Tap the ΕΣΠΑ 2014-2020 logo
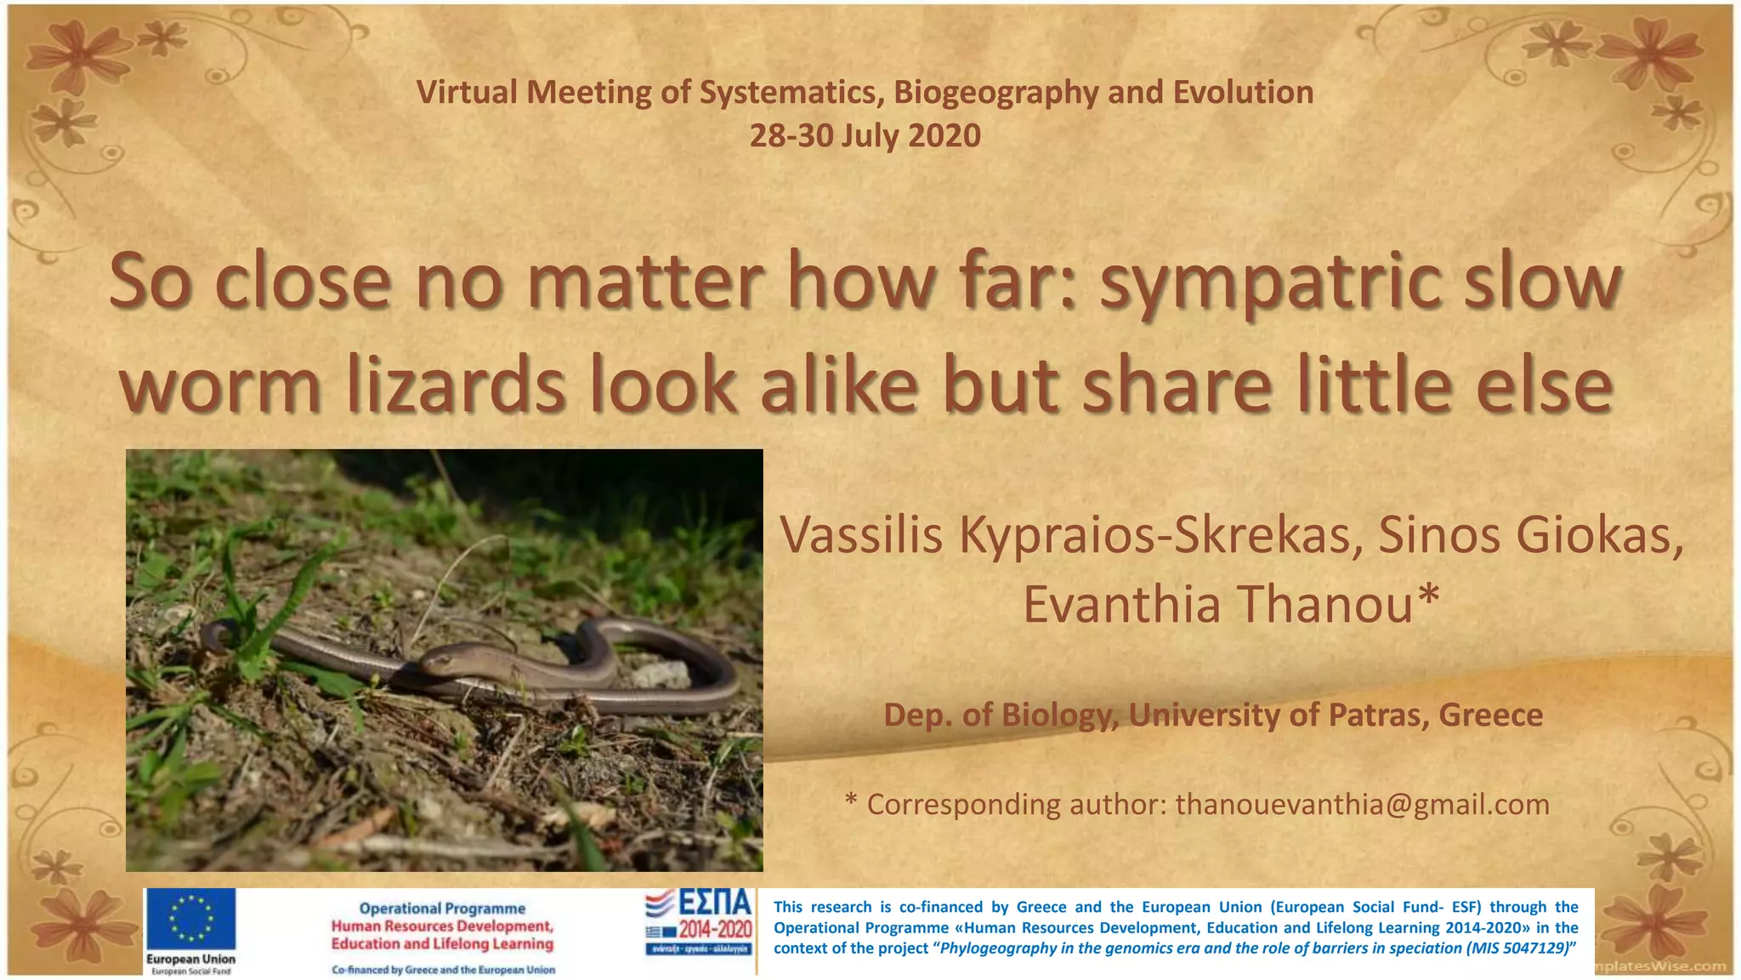(699, 922)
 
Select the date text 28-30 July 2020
(865, 136)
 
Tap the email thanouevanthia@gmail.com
(1362, 804)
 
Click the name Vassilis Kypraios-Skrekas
(1066, 536)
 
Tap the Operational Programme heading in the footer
(442, 909)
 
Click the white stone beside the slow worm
(661, 675)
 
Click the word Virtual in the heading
(467, 93)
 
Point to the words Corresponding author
(1017, 804)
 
